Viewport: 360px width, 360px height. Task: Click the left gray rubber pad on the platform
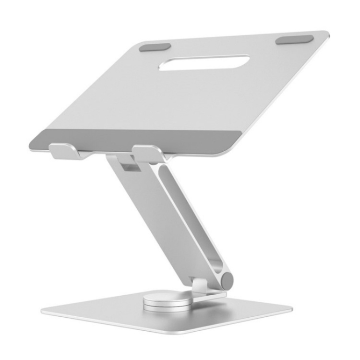[x=155, y=47]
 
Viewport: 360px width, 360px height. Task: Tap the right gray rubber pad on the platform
[x=294, y=39]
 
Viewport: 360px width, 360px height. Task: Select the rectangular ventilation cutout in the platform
[x=204, y=63]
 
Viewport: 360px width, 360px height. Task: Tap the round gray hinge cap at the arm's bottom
[x=226, y=280]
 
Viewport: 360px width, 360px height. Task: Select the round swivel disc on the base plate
[x=166, y=301]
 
